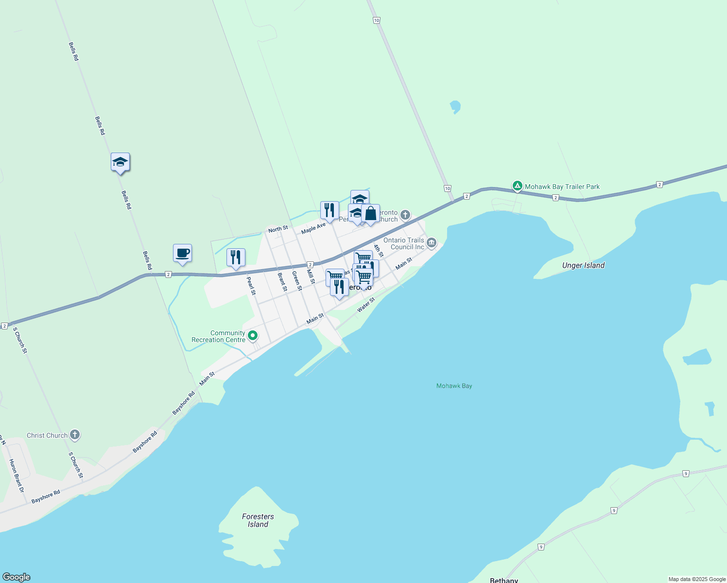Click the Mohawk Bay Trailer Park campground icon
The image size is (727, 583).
(518, 186)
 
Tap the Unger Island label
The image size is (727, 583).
(583, 265)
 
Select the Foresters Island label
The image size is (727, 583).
(258, 520)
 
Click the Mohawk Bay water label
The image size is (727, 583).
(454, 386)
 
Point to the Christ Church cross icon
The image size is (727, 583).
(75, 435)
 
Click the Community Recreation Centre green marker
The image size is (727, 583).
(253, 336)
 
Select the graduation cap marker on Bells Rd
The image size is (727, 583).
(120, 162)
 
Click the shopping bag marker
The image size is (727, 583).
(370, 214)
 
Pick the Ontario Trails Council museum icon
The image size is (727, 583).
(432, 243)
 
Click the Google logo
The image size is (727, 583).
(17, 577)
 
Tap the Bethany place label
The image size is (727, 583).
(504, 580)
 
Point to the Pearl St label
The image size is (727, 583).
(251, 286)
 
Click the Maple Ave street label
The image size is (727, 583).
(313, 228)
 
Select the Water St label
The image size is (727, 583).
(366, 305)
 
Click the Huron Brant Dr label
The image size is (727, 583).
(17, 476)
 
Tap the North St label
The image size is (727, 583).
(278, 229)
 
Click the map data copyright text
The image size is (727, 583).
(697, 579)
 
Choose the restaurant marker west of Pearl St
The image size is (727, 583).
(236, 257)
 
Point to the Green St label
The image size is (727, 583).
(297, 281)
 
